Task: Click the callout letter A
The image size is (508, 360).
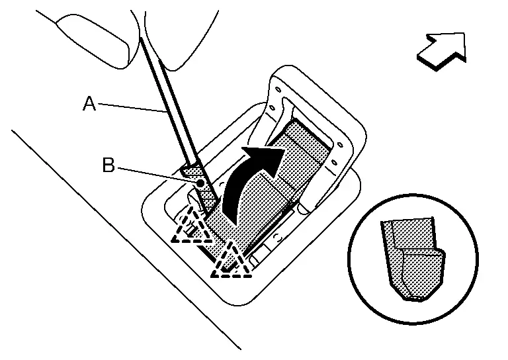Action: tap(89, 104)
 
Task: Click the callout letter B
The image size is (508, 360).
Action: tap(108, 165)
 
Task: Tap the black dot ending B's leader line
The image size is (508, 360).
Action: tap(200, 183)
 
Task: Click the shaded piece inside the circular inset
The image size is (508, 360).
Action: tap(413, 258)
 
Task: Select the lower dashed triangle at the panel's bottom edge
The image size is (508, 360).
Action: tap(232, 263)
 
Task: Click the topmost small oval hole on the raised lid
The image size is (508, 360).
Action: tap(278, 89)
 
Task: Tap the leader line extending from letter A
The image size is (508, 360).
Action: tap(132, 108)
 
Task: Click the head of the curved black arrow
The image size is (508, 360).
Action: tap(267, 158)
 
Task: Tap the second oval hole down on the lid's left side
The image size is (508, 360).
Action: tap(273, 107)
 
